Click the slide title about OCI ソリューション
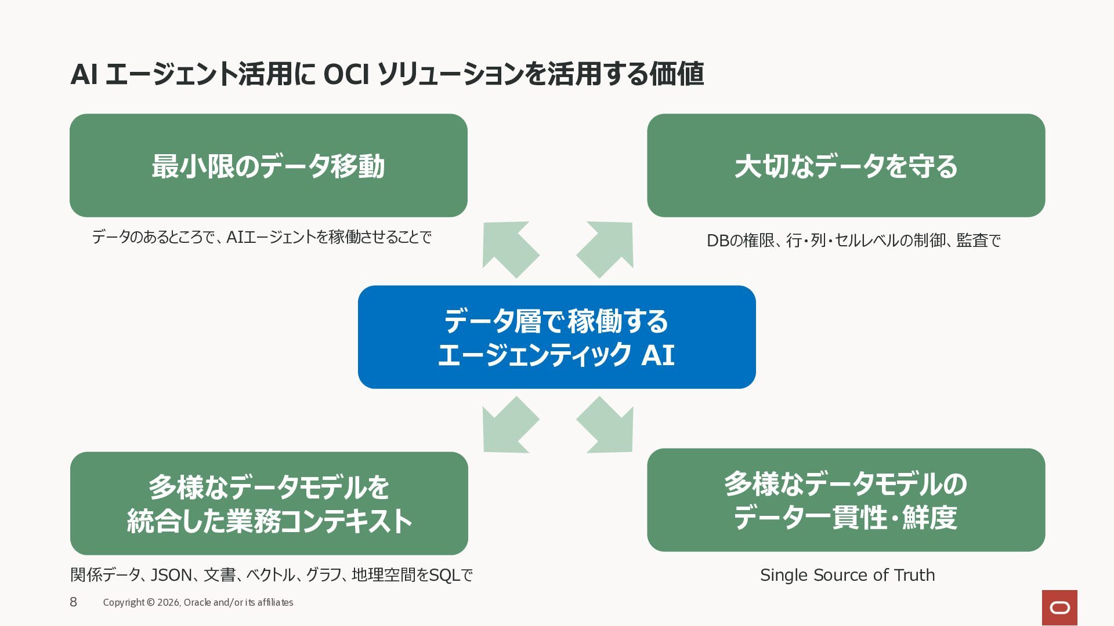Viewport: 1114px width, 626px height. (387, 74)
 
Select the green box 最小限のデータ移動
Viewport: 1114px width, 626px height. (269, 165)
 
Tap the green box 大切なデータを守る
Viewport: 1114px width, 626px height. (846, 165)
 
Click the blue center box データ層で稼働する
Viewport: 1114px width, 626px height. (557, 337)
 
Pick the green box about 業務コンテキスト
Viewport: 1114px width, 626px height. (269, 503)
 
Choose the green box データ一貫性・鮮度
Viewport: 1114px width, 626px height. (846, 500)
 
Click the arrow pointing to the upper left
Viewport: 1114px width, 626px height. (509, 249)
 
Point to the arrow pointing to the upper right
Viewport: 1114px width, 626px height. (605, 249)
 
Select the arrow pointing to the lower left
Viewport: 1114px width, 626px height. (509, 425)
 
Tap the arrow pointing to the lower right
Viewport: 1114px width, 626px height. (605, 425)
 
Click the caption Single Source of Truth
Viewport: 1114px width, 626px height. (847, 575)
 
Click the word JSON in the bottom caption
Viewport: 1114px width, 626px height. (171, 575)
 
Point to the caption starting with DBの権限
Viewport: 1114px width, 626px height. (853, 240)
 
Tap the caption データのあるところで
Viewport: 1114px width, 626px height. (262, 237)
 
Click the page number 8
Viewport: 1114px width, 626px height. (73, 602)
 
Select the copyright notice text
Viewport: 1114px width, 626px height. (198, 602)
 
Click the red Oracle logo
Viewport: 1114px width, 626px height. (1059, 607)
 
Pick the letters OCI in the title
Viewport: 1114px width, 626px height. (346, 74)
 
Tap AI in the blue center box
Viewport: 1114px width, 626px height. (658, 355)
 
